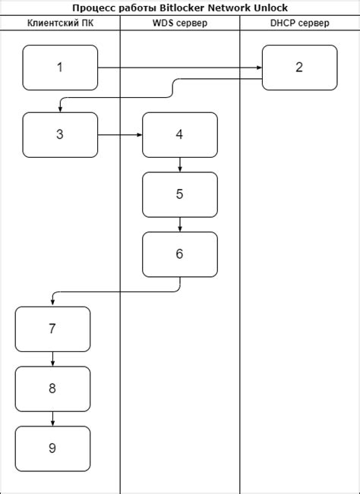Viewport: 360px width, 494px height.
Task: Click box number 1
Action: (x=60, y=68)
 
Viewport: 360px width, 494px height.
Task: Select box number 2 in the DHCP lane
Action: (x=299, y=68)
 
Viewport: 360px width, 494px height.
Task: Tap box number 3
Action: (x=60, y=135)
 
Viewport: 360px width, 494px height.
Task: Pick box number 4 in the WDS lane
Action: (x=179, y=135)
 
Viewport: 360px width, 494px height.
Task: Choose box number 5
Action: (x=179, y=194)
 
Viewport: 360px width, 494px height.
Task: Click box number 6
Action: (x=179, y=254)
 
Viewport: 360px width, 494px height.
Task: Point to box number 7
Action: (x=52, y=329)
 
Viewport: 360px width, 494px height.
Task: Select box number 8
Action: (x=52, y=389)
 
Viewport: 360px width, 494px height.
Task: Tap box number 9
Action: (x=52, y=448)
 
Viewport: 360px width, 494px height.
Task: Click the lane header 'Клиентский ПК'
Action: (x=60, y=24)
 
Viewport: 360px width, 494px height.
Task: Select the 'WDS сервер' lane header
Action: (x=179, y=24)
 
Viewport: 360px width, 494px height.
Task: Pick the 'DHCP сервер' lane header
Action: (x=299, y=24)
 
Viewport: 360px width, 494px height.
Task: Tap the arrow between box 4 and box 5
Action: (x=179, y=165)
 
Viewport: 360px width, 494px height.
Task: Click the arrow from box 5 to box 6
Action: (x=179, y=225)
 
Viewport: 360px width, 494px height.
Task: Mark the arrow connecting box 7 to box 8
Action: (x=52, y=359)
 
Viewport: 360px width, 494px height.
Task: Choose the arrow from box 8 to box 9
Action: (x=52, y=419)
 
